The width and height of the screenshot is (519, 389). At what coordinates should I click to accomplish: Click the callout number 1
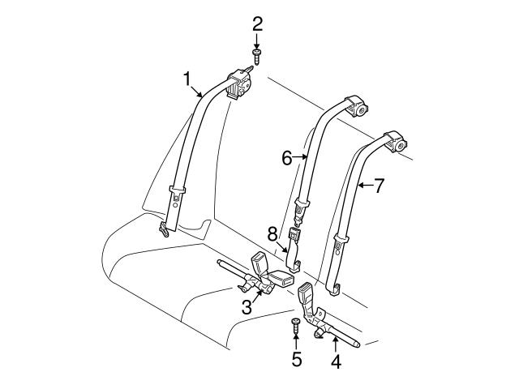coord(187,79)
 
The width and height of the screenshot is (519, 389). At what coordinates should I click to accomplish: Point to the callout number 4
coord(336,362)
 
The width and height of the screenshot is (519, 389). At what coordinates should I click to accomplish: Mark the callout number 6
coord(287,158)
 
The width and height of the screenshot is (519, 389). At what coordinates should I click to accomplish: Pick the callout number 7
coord(379,186)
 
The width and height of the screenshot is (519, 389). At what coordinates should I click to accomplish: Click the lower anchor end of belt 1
coord(165,229)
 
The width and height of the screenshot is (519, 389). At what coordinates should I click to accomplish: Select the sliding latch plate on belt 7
coord(342,240)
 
